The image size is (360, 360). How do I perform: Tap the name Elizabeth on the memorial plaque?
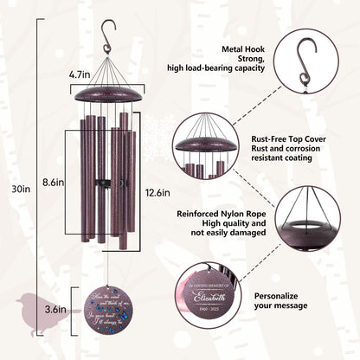[202, 295]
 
